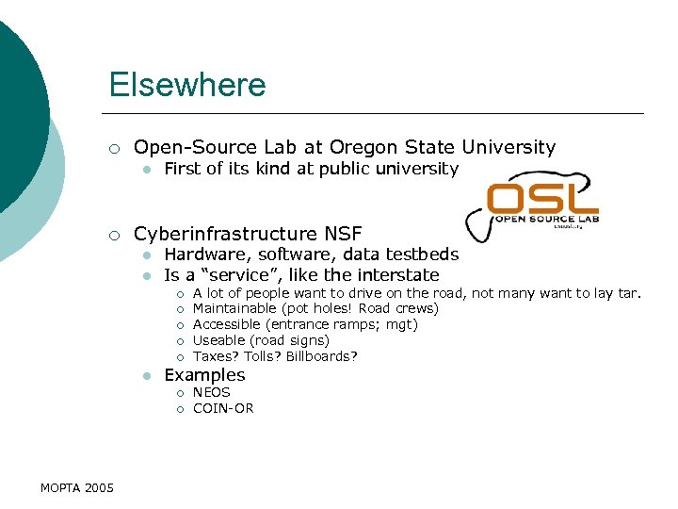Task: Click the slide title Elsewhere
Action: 187,85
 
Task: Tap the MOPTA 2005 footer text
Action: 77,487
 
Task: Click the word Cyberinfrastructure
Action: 227,233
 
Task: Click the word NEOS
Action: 211,392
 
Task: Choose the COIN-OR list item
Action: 223,408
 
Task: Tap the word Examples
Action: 204,374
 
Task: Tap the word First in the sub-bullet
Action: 181,169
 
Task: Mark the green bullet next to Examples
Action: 147,375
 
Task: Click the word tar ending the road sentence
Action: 628,292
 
